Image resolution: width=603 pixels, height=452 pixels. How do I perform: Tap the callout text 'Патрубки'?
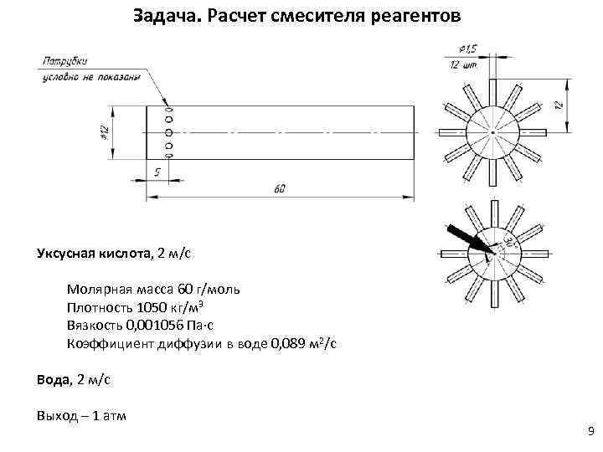pyautogui.click(x=64, y=61)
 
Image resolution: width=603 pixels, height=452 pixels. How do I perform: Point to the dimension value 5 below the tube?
pyautogui.click(x=157, y=171)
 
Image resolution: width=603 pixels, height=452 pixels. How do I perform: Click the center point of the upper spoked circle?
pyautogui.click(x=493, y=133)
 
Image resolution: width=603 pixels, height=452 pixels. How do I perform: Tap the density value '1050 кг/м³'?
pyautogui.click(x=175, y=307)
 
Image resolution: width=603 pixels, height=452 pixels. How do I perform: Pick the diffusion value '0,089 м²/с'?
pyautogui.click(x=293, y=344)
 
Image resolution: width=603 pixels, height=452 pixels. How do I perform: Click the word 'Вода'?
pyautogui.click(x=51, y=379)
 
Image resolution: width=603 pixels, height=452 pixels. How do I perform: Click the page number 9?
pyautogui.click(x=591, y=431)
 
